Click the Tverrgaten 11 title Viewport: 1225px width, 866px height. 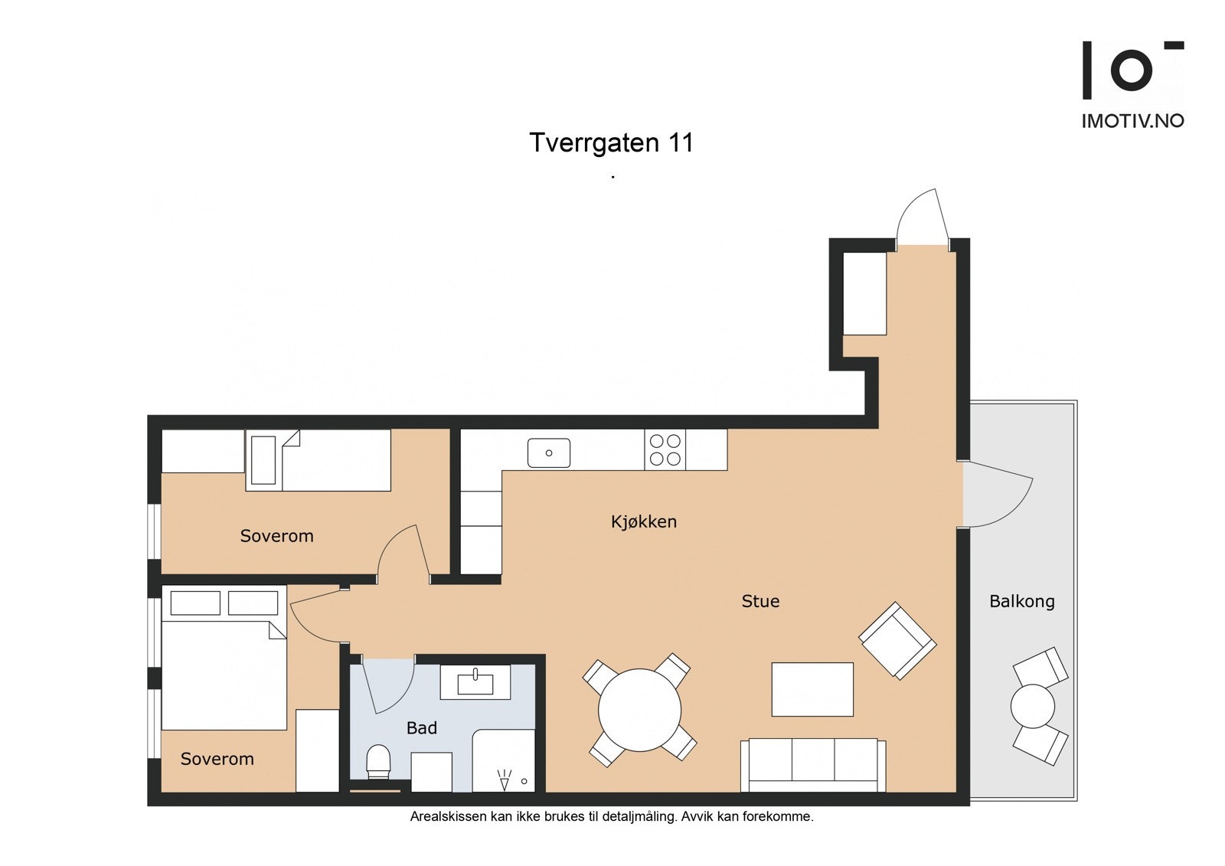[612, 142]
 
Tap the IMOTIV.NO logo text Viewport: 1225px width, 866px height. [1133, 121]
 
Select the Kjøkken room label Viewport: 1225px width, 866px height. [644, 521]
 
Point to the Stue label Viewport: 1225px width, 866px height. [760, 601]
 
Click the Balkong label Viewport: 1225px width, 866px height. [1021, 602]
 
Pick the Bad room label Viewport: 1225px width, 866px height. [422, 727]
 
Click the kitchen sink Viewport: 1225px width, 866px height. [548, 453]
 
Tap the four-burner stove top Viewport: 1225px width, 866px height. [665, 449]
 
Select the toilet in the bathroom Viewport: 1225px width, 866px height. [377, 762]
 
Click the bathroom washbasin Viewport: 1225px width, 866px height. [475, 681]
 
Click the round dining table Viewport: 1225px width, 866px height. [639, 710]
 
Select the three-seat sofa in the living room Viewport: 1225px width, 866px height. [812, 766]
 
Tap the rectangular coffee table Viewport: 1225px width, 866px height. [812, 689]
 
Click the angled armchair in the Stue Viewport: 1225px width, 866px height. [897, 641]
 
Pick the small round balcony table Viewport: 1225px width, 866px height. [1033, 706]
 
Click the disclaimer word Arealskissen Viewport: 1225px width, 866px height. [449, 817]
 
